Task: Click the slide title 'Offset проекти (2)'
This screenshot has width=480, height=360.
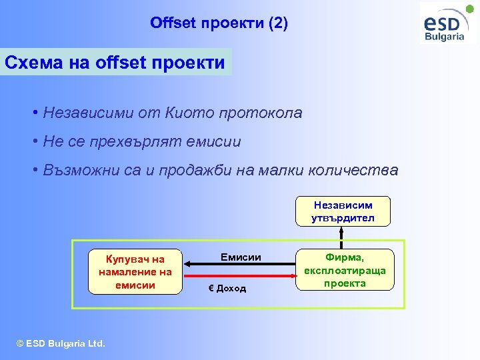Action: tap(219, 24)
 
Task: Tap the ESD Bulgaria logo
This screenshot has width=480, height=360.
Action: tap(445, 24)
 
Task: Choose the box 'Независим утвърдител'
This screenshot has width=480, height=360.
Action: tap(342, 211)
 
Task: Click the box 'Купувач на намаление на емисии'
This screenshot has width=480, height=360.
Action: tap(135, 271)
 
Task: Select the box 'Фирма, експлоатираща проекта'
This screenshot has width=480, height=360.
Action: tap(345, 269)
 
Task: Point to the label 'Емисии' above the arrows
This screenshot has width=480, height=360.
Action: tap(241, 257)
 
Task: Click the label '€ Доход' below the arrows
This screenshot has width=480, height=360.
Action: tap(227, 288)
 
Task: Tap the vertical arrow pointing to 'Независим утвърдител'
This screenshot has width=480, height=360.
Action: tap(342, 237)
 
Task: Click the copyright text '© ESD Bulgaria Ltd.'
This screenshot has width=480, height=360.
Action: tap(61, 343)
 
